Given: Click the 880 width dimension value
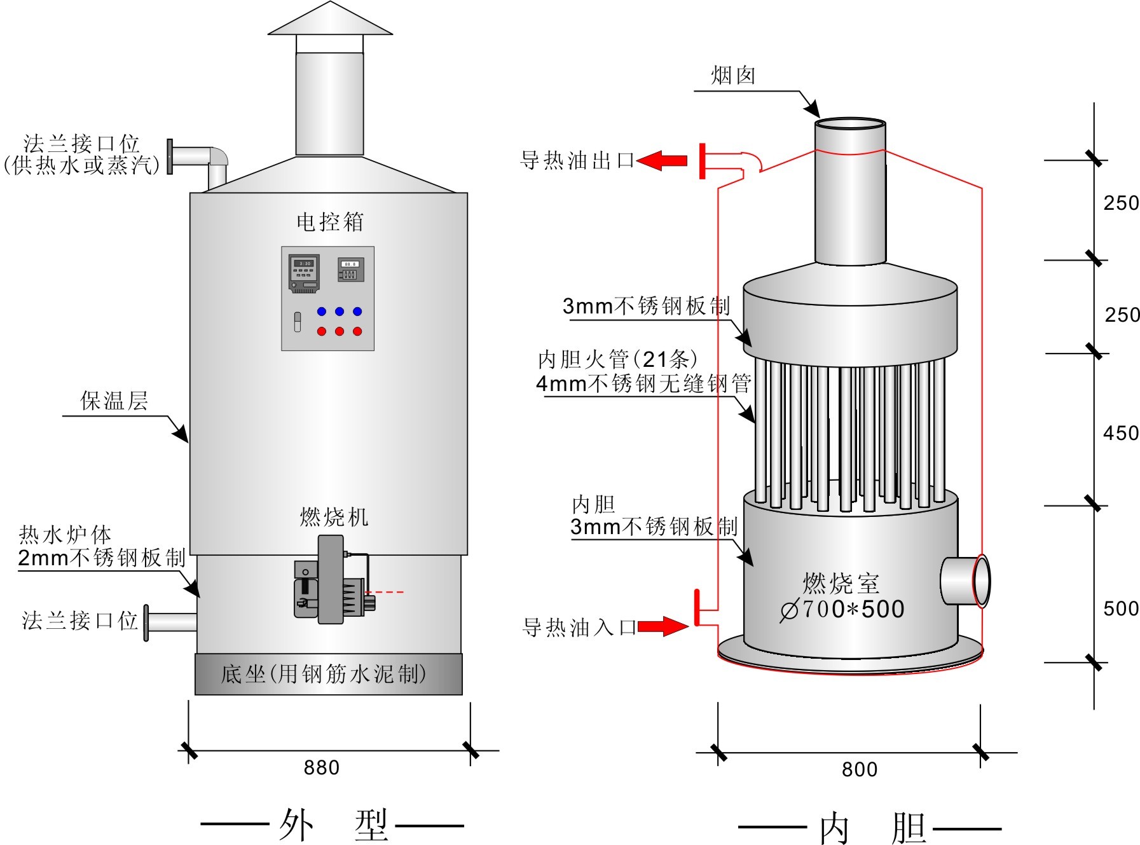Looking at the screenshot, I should point(321,767).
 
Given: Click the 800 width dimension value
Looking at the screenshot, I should point(859,769).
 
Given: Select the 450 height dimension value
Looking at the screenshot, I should point(1120,434).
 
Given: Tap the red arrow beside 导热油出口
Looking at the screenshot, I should point(662,160).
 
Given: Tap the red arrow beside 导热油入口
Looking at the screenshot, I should point(663,626).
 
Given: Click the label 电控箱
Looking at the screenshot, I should point(330,222).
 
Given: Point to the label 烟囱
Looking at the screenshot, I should point(732,76).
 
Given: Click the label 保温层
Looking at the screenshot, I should point(114,401).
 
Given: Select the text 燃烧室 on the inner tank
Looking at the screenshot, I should point(841,583).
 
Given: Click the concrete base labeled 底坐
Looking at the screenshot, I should point(328,674).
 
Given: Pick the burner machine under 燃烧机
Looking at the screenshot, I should point(331,580).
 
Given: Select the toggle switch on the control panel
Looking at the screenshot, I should point(297,322).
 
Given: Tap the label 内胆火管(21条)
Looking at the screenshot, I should point(617,360).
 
